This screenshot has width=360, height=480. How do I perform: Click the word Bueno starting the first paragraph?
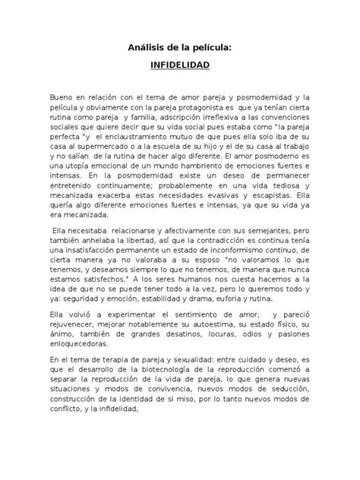click(x=62, y=98)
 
